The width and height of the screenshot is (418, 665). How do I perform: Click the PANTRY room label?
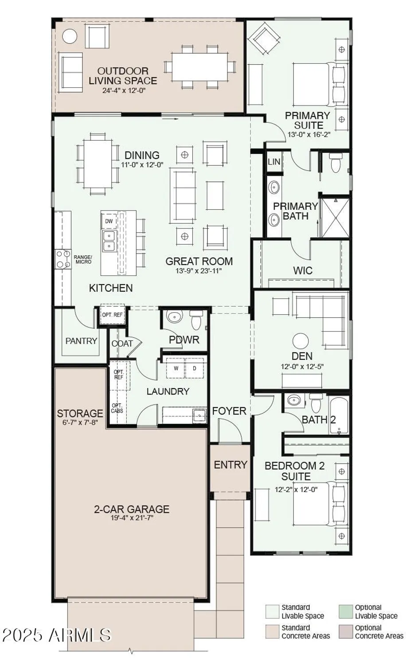point(81,341)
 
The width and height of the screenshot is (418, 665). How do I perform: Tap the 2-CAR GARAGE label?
point(132,509)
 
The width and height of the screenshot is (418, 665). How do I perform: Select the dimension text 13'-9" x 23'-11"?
point(199,271)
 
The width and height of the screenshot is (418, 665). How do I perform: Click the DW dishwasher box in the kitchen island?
point(109,221)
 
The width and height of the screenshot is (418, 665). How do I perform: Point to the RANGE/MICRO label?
point(83,259)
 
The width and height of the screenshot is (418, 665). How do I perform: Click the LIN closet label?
point(274,162)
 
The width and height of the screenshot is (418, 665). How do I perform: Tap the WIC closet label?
point(303,270)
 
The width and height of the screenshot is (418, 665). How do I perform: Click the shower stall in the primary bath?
point(335,218)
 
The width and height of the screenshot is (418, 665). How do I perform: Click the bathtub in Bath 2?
point(339,415)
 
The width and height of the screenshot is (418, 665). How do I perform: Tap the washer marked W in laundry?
point(176,368)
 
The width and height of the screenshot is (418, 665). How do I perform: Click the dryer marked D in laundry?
point(195,368)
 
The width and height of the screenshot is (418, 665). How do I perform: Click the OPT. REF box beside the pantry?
point(112,315)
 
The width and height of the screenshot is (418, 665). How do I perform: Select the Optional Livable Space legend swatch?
point(346,611)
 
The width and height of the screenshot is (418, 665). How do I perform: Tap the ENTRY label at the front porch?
point(230,465)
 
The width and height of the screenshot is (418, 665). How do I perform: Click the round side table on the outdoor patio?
point(70,36)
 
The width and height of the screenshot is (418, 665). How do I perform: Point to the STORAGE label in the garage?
point(80,414)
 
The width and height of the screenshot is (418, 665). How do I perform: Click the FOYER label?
point(229,411)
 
